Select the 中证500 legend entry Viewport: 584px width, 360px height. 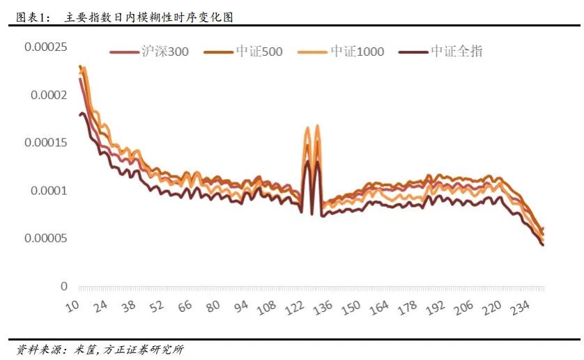coord(259,52)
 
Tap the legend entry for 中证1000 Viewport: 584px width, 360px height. coord(356,52)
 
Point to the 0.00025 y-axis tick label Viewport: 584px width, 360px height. coord(45,47)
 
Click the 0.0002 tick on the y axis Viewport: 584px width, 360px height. coord(48,95)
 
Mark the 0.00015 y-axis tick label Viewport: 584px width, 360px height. coord(45,143)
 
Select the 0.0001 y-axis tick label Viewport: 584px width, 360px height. coord(48,191)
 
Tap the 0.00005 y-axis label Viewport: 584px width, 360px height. coord(45,239)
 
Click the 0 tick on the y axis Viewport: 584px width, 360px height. coord(63,286)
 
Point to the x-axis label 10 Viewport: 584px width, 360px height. coord(74,306)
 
